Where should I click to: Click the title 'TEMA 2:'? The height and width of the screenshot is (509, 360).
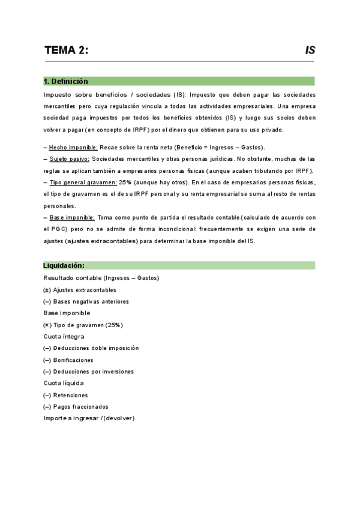click(x=66, y=50)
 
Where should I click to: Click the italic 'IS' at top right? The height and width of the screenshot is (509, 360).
click(x=310, y=50)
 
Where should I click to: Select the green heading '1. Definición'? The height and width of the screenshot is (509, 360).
click(x=66, y=81)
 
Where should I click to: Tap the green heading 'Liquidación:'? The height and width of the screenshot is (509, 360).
click(x=64, y=265)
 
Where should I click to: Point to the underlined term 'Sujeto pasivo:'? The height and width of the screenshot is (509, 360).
click(x=69, y=159)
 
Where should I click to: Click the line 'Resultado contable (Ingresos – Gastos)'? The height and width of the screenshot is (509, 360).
click(x=101, y=278)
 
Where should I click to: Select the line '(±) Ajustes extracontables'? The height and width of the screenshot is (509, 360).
click(x=80, y=290)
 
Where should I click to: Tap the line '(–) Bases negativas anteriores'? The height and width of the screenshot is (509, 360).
click(x=86, y=301)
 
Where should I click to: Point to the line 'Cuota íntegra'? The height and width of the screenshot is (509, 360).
click(x=64, y=337)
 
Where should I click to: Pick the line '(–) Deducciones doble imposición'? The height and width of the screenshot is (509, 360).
click(x=91, y=348)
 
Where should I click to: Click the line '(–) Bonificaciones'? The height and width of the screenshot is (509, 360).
click(x=68, y=360)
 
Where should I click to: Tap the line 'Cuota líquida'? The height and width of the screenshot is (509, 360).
click(x=64, y=383)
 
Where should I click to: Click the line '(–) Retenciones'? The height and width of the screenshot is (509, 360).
click(x=65, y=395)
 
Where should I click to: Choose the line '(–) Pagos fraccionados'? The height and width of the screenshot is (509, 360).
click(x=76, y=406)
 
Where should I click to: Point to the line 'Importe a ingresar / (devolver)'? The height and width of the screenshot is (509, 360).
click(x=89, y=418)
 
